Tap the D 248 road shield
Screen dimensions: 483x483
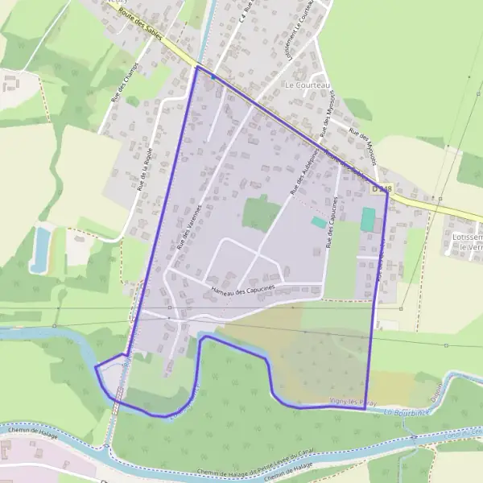(382, 188)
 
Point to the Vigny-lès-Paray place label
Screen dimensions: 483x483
(349, 400)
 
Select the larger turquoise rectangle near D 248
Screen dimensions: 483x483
(368, 220)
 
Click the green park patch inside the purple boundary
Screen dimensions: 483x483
(261, 213)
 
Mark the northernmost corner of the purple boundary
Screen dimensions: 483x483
(197, 67)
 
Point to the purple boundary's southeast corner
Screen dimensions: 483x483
(365, 408)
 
